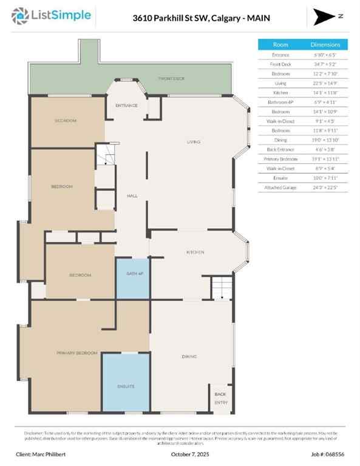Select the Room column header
[x=280, y=45]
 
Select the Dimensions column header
[x=330, y=45]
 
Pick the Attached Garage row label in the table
[x=280, y=187]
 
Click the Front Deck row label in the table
[x=280, y=64]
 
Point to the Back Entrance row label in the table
[x=280, y=149]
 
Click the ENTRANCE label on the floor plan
[x=126, y=106]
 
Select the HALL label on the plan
[x=131, y=196]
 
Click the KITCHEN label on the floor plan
[x=195, y=252]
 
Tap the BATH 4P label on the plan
[x=134, y=274]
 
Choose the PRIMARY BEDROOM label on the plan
[x=77, y=353]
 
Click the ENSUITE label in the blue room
[x=125, y=386]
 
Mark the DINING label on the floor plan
[x=189, y=356]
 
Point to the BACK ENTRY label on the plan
[x=220, y=398]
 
